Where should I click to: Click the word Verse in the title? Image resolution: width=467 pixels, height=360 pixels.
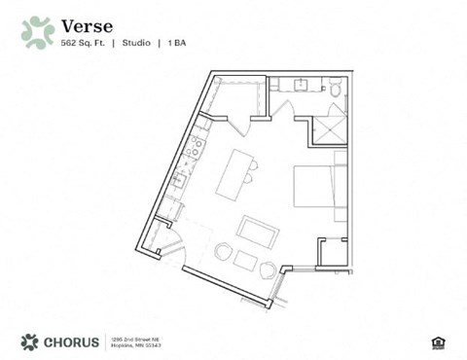tap(86, 24)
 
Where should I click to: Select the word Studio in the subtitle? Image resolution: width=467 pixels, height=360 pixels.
tap(136, 43)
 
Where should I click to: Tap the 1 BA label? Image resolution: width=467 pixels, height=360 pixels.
tap(178, 43)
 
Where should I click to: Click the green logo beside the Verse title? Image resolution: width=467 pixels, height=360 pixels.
tap(37, 32)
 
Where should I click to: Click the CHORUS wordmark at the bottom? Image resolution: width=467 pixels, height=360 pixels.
tap(68, 342)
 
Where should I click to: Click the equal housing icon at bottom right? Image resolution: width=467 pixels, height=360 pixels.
tap(436, 342)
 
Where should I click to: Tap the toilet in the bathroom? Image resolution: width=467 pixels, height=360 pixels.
tap(335, 89)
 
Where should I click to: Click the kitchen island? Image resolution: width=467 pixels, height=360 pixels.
tap(233, 173)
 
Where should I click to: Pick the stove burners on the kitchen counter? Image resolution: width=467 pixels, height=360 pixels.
tap(196, 147)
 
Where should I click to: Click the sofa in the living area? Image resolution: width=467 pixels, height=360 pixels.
tap(258, 234)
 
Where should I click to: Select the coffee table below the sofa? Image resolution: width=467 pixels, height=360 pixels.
tap(245, 261)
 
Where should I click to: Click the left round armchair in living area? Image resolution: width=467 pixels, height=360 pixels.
tap(224, 251)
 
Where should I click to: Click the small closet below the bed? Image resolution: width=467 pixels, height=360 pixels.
tap(332, 252)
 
